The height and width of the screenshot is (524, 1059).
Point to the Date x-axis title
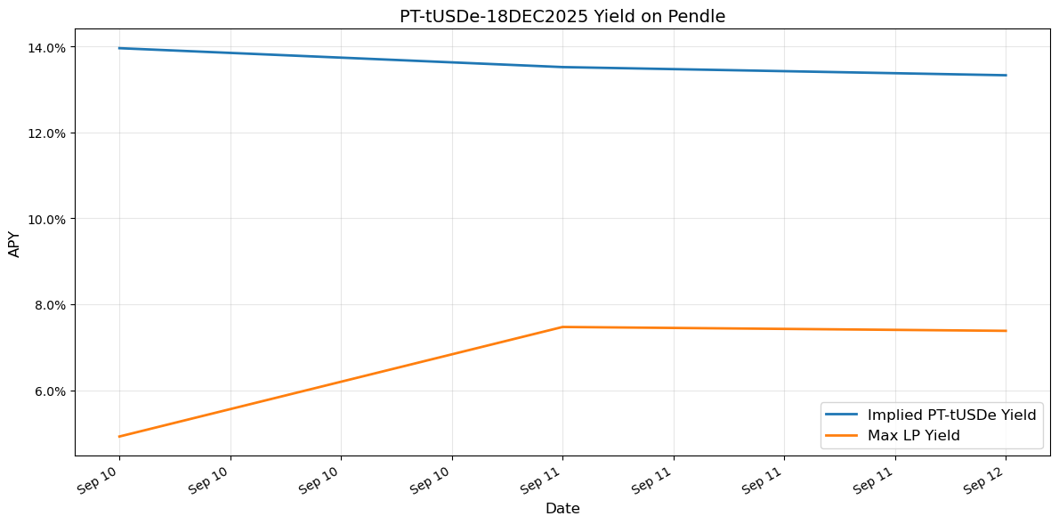pos(562,509)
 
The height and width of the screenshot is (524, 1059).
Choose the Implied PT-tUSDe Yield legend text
pos(951,415)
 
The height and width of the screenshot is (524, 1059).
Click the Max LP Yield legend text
pos(913,435)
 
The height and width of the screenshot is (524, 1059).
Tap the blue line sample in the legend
pos(843,415)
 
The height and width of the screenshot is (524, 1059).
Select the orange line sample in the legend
pos(843,435)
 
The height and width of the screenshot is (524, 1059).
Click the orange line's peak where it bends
pos(562,326)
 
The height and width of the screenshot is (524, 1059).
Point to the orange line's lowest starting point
pos(119,437)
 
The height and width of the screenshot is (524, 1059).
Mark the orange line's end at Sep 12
pos(1006,331)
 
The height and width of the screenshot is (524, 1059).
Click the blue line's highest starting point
pos(119,48)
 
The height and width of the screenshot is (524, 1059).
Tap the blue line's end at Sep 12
pos(1006,75)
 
